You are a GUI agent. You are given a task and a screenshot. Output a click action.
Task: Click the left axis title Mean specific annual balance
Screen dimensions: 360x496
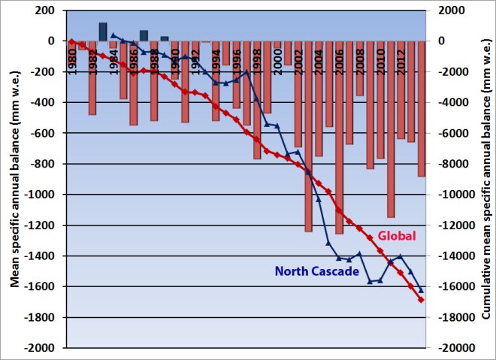[14, 179]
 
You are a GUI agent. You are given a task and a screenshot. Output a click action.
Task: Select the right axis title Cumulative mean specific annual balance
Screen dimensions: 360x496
[485, 179]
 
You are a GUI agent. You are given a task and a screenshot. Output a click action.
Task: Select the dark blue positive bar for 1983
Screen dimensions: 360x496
[103, 32]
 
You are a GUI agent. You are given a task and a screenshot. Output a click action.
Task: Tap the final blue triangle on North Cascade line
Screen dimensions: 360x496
[421, 290]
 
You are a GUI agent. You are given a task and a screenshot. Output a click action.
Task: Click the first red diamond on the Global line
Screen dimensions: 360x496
[71, 41]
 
